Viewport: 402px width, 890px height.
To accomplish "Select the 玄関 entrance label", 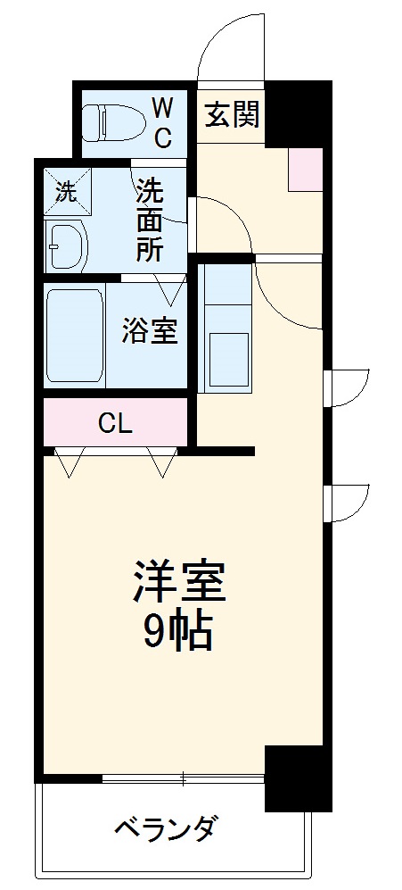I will (232, 115).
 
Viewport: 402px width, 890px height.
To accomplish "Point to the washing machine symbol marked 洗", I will (66, 190).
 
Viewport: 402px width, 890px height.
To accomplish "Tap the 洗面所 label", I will (150, 220).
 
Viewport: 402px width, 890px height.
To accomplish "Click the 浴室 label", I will (150, 331).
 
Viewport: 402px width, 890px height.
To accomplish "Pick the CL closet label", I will (115, 423).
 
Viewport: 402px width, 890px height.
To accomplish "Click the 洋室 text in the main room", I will (180, 581).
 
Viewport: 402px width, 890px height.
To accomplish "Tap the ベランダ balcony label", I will (164, 829).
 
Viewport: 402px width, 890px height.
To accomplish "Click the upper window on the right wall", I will (346, 387).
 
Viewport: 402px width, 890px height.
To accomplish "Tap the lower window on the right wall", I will (346, 507).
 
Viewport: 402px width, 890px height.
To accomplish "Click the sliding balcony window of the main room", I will (183, 778).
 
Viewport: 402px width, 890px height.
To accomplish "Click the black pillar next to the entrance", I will (298, 113).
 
